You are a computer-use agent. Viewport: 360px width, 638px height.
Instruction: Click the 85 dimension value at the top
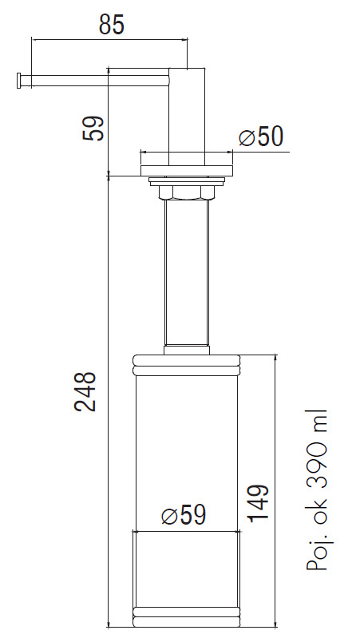(x=111, y=25)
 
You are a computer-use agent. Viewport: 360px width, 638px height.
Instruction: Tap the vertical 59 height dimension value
(x=93, y=129)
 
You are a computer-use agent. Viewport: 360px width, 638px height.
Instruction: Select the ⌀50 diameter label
(x=260, y=137)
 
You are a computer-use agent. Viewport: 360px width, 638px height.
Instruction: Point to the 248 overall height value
(x=85, y=391)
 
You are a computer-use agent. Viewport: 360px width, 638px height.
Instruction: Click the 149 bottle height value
(x=258, y=503)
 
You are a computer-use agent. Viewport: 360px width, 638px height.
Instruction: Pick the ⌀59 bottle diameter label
(x=184, y=516)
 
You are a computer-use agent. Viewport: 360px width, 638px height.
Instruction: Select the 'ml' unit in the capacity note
(x=316, y=420)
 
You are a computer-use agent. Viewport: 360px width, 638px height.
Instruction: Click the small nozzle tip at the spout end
(x=18, y=80)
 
